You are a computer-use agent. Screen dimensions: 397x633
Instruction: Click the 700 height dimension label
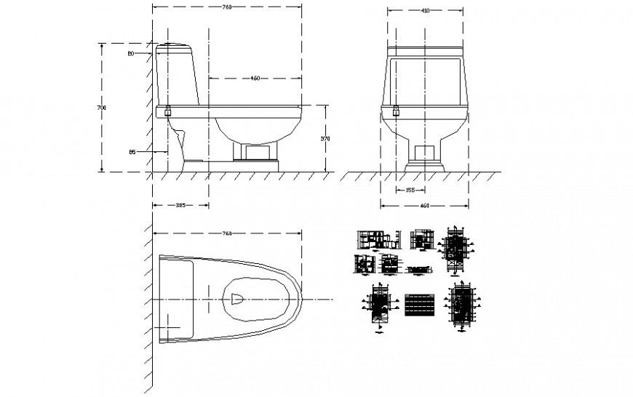coord(102,108)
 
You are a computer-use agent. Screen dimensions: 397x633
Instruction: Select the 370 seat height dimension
coord(327,138)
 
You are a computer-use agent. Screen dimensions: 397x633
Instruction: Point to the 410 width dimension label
coord(425,11)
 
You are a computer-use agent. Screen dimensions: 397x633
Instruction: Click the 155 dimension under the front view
coord(410,191)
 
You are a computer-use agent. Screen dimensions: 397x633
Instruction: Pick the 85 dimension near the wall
coord(132,151)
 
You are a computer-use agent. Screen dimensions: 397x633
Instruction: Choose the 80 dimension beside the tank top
coord(131,54)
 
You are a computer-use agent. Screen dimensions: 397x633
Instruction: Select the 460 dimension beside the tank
coord(255,78)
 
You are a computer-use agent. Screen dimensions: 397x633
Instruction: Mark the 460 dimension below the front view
coord(425,206)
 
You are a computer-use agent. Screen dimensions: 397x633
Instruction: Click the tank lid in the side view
coord(174,47)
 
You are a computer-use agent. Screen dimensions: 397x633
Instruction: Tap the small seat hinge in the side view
coord(169,111)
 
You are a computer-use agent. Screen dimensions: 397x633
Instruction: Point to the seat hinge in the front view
coord(397,111)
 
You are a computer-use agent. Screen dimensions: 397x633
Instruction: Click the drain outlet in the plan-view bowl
coord(237,299)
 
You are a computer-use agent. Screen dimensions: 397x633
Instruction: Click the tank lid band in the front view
coord(425,52)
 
